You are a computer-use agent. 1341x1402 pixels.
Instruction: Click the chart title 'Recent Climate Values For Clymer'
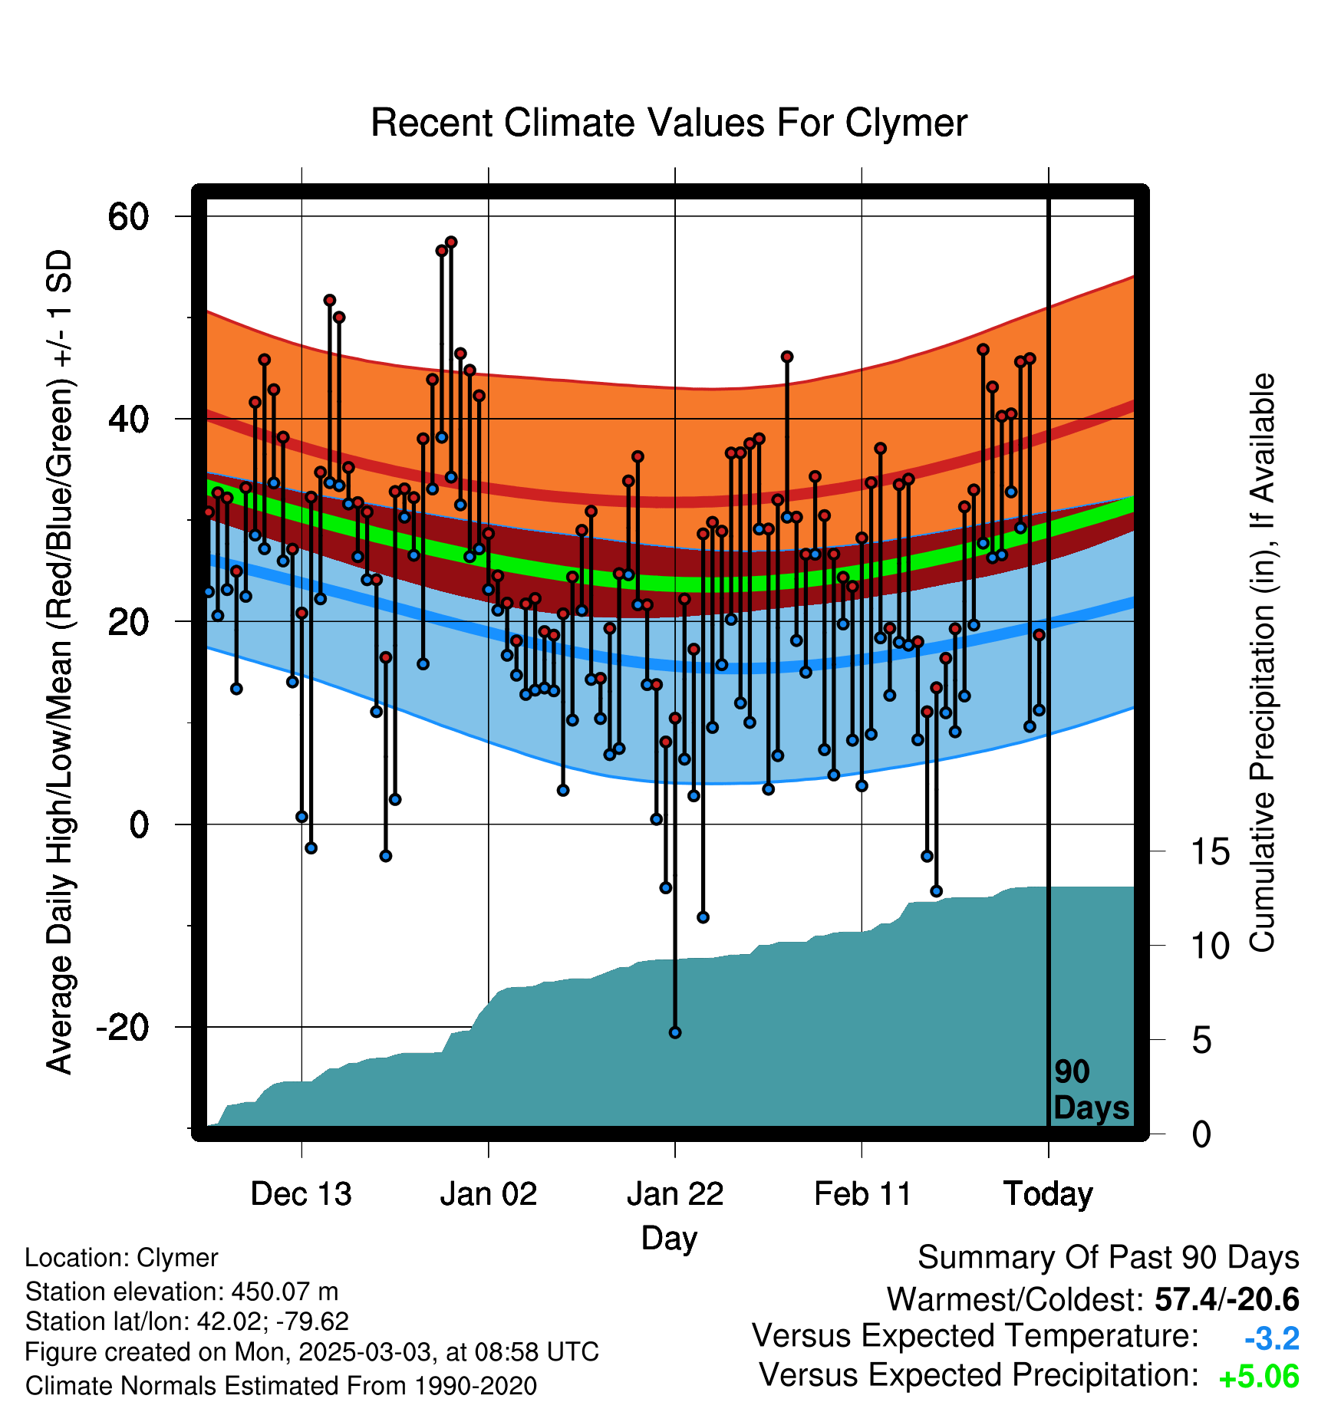pos(669,123)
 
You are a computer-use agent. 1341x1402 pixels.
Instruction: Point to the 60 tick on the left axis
pos(128,217)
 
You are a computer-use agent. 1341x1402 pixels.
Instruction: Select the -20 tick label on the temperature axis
pos(122,1028)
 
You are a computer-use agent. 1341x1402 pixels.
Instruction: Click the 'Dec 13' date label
pos(301,1194)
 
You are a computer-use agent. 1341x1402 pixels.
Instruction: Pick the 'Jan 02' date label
pos(489,1194)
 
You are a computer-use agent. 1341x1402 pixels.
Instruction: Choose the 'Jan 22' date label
pos(675,1194)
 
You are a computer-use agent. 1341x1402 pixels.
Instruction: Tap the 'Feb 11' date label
pos(862,1194)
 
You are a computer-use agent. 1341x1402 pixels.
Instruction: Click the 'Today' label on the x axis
pos(1049,1194)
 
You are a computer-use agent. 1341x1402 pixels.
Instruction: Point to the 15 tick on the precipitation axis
pos(1210,852)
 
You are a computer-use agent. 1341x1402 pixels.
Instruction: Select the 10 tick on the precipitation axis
pos(1210,946)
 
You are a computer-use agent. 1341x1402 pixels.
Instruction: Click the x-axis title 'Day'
pos(670,1239)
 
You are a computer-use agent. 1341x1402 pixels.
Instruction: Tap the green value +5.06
pos(1259,1377)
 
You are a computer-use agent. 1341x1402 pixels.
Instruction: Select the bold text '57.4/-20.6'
pos(1227,1299)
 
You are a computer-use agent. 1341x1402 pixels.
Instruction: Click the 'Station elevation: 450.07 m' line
pos(182,1292)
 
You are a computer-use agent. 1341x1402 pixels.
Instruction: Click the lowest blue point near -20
pos(675,1033)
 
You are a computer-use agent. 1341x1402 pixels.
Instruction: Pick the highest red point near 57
pos(451,242)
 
